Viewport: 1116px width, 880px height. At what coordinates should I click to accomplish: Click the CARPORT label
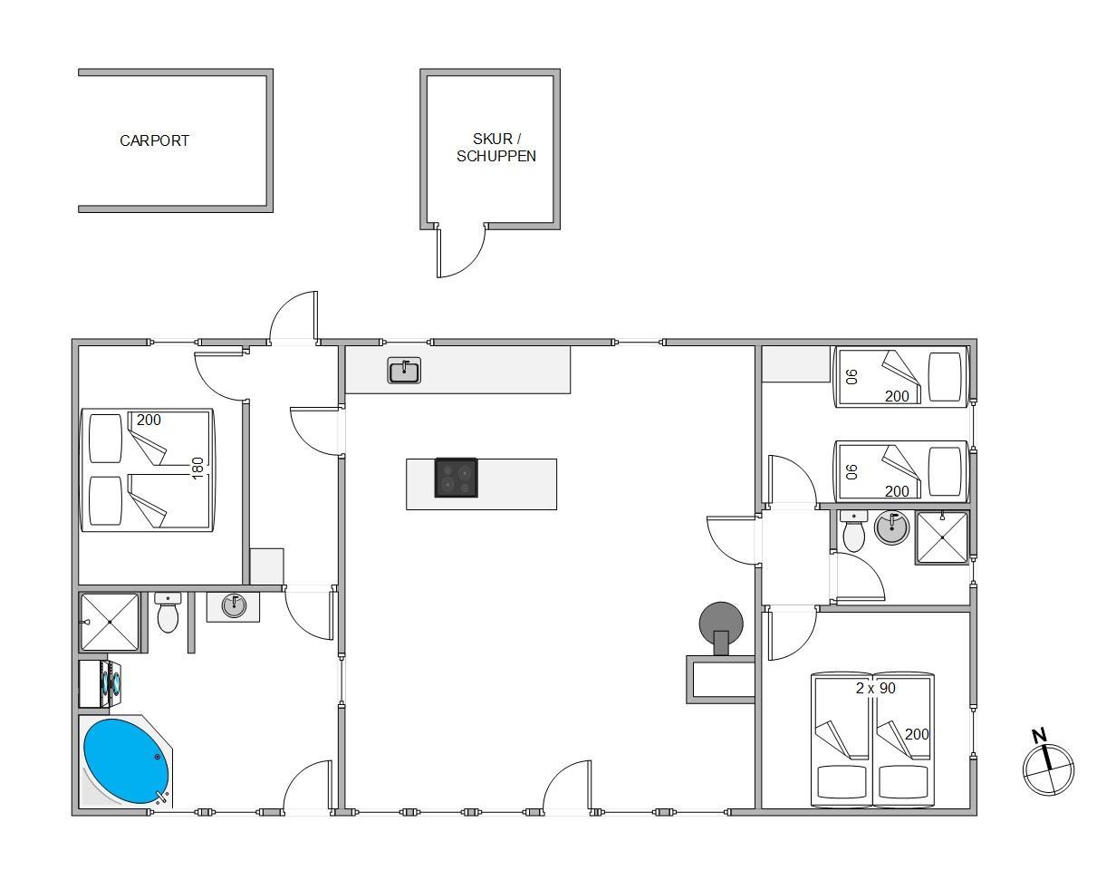pos(154,140)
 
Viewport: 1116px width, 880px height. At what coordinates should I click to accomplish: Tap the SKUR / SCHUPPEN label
pos(496,148)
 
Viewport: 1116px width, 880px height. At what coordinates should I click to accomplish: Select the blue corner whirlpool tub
pos(126,760)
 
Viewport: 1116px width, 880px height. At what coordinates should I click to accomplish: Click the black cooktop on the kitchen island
pos(456,478)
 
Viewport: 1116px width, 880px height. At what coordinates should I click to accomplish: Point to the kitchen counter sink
pos(404,371)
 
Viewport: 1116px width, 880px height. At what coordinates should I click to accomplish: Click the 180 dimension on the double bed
pos(197,468)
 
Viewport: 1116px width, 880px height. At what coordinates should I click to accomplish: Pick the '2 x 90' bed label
pos(875,688)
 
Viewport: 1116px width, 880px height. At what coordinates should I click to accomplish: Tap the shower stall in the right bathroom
pos(942,537)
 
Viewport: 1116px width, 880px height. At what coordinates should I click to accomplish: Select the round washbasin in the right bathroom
pos(892,528)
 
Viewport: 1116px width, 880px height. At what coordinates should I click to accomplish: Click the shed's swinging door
pos(460,253)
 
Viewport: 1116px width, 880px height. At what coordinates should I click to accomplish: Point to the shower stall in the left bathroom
pos(110,622)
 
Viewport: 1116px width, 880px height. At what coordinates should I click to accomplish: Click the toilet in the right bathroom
pos(853,531)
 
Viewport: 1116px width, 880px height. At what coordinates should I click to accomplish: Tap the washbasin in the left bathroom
pos(234,606)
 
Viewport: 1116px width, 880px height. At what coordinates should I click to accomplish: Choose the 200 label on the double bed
pos(149,420)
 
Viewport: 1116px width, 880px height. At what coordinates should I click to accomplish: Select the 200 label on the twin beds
pos(917,734)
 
